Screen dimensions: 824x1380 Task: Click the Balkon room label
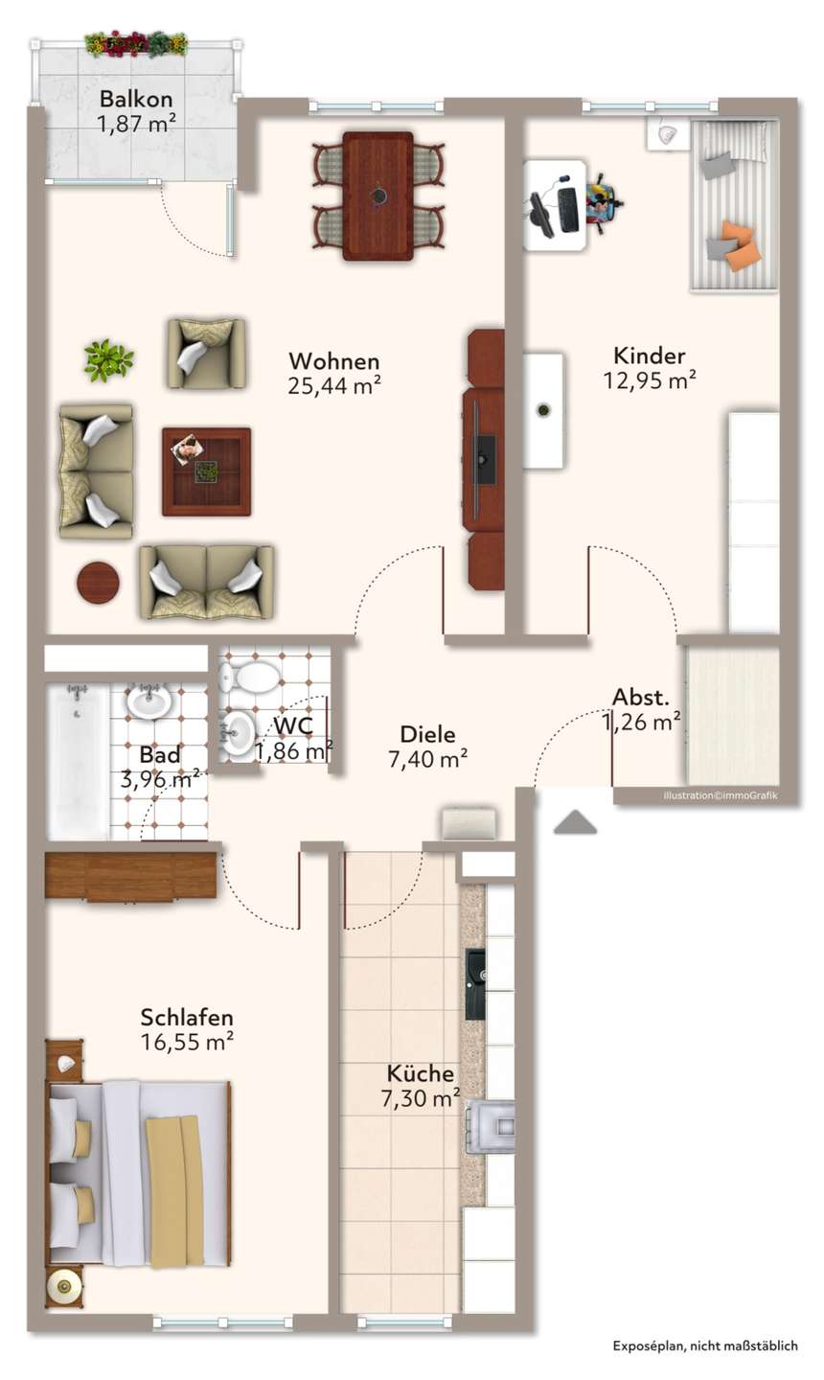(x=136, y=99)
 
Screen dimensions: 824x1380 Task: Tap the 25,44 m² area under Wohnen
(x=334, y=385)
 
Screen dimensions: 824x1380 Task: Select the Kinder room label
(x=649, y=356)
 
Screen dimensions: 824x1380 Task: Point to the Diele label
(x=428, y=734)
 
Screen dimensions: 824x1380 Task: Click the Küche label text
(x=421, y=1073)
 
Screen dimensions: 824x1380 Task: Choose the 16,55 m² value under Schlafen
(x=187, y=1042)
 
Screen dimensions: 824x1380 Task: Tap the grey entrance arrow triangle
(x=575, y=823)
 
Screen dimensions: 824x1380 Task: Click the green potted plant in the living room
(x=108, y=359)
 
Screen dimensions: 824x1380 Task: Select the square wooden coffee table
(x=206, y=471)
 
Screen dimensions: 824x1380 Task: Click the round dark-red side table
(x=98, y=583)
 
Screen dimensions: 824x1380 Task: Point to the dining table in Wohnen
(x=378, y=195)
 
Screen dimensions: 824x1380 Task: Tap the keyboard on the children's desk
(x=568, y=210)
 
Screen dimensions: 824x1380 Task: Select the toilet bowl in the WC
(x=251, y=677)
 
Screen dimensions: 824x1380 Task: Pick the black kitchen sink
(x=475, y=984)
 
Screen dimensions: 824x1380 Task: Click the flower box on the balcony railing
(x=136, y=44)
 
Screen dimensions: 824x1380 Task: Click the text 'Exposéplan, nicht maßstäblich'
(x=705, y=1346)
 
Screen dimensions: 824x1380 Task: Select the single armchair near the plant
(x=206, y=354)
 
